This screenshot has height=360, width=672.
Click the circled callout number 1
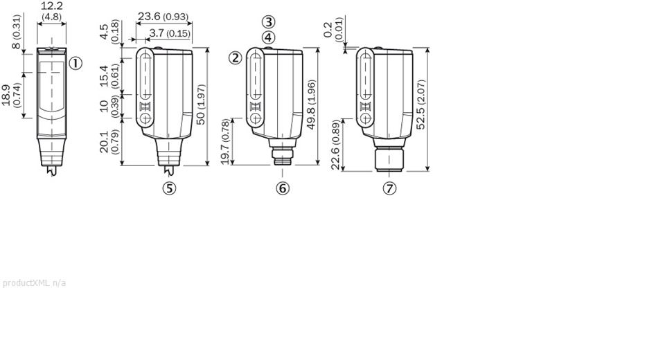[x=76, y=64]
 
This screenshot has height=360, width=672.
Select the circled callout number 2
[x=236, y=57]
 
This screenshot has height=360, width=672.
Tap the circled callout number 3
[x=268, y=22]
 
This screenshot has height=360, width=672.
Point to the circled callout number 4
[x=268, y=37]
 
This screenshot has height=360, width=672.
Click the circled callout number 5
[x=169, y=188]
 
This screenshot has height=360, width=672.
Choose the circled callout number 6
[x=283, y=188]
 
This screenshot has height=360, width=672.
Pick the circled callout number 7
[x=389, y=188]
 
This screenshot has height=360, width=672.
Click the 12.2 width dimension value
[x=51, y=6]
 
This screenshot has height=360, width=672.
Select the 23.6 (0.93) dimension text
[x=163, y=16]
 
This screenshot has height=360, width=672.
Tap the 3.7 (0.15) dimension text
[x=170, y=33]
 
